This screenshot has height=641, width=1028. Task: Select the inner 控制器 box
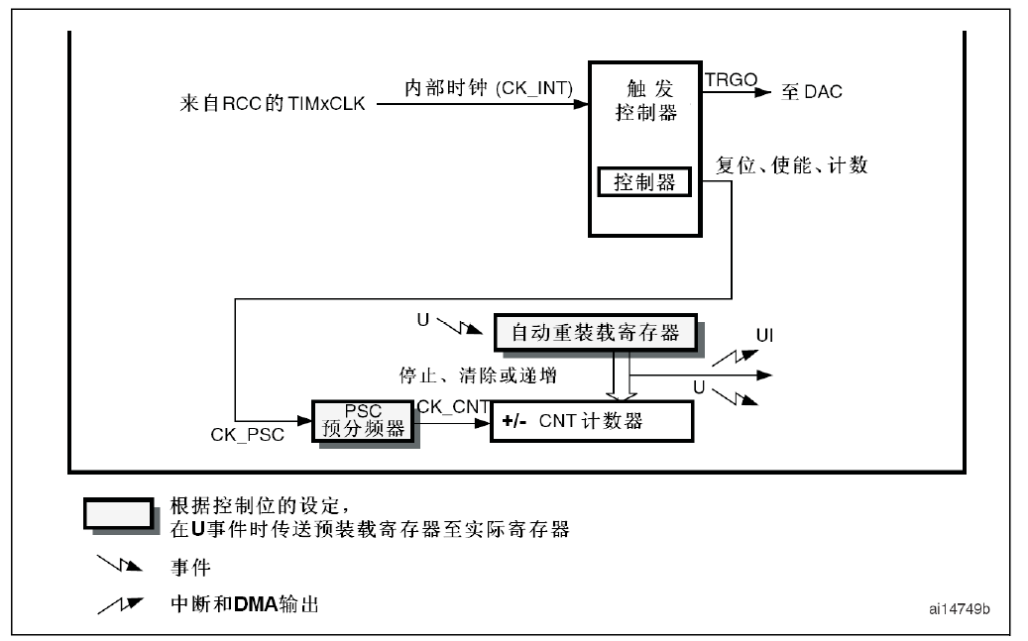[x=643, y=182]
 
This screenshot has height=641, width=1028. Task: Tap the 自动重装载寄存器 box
[x=595, y=333]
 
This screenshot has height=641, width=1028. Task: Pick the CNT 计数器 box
[x=590, y=421]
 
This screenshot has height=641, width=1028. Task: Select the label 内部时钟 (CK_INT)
[x=489, y=88]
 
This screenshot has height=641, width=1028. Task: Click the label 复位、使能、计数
[x=791, y=165]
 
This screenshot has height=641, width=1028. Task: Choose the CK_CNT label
[x=450, y=404]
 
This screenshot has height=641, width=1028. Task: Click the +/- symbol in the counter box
[x=514, y=421]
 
